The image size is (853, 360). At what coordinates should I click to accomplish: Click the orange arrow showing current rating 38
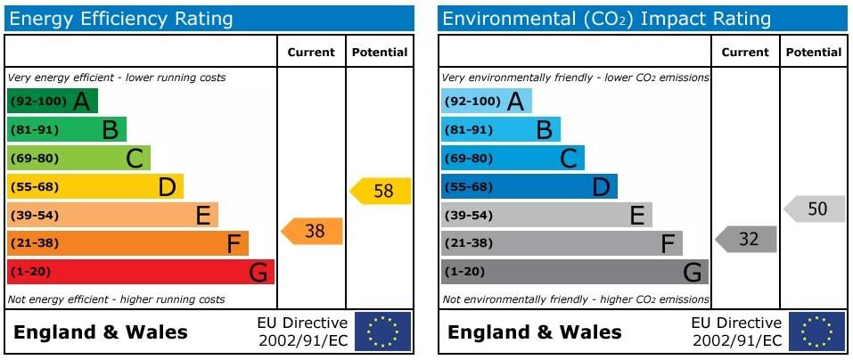tap(313, 231)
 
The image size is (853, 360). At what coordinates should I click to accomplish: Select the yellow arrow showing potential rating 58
tap(381, 191)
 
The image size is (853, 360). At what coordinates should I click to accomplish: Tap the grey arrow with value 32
tap(747, 239)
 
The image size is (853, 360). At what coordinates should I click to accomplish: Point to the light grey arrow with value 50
tap(816, 209)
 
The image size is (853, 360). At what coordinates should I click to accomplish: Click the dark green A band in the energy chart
tap(52, 102)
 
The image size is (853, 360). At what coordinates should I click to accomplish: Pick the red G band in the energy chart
tap(140, 272)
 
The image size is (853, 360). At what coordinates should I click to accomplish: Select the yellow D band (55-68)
tap(94, 186)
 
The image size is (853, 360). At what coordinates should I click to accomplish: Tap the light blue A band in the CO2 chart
tap(486, 102)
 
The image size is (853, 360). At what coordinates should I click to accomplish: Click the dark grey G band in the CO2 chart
tap(574, 272)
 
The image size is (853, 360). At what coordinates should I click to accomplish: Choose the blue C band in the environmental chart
tap(513, 159)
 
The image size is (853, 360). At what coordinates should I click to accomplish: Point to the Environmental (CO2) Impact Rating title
tap(606, 19)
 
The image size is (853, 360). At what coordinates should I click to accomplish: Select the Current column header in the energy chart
tap(311, 53)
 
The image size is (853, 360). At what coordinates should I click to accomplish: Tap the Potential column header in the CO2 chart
tap(814, 53)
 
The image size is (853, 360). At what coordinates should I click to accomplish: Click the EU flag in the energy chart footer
tap(382, 331)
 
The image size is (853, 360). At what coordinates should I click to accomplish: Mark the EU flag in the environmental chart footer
tap(816, 331)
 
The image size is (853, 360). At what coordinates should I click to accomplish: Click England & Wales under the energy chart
tap(101, 332)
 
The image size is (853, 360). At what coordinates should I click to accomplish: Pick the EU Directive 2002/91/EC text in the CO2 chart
tap(736, 331)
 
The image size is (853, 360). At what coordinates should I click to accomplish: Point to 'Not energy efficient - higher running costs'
tap(116, 300)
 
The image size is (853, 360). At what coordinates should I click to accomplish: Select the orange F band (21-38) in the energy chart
tap(127, 243)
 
